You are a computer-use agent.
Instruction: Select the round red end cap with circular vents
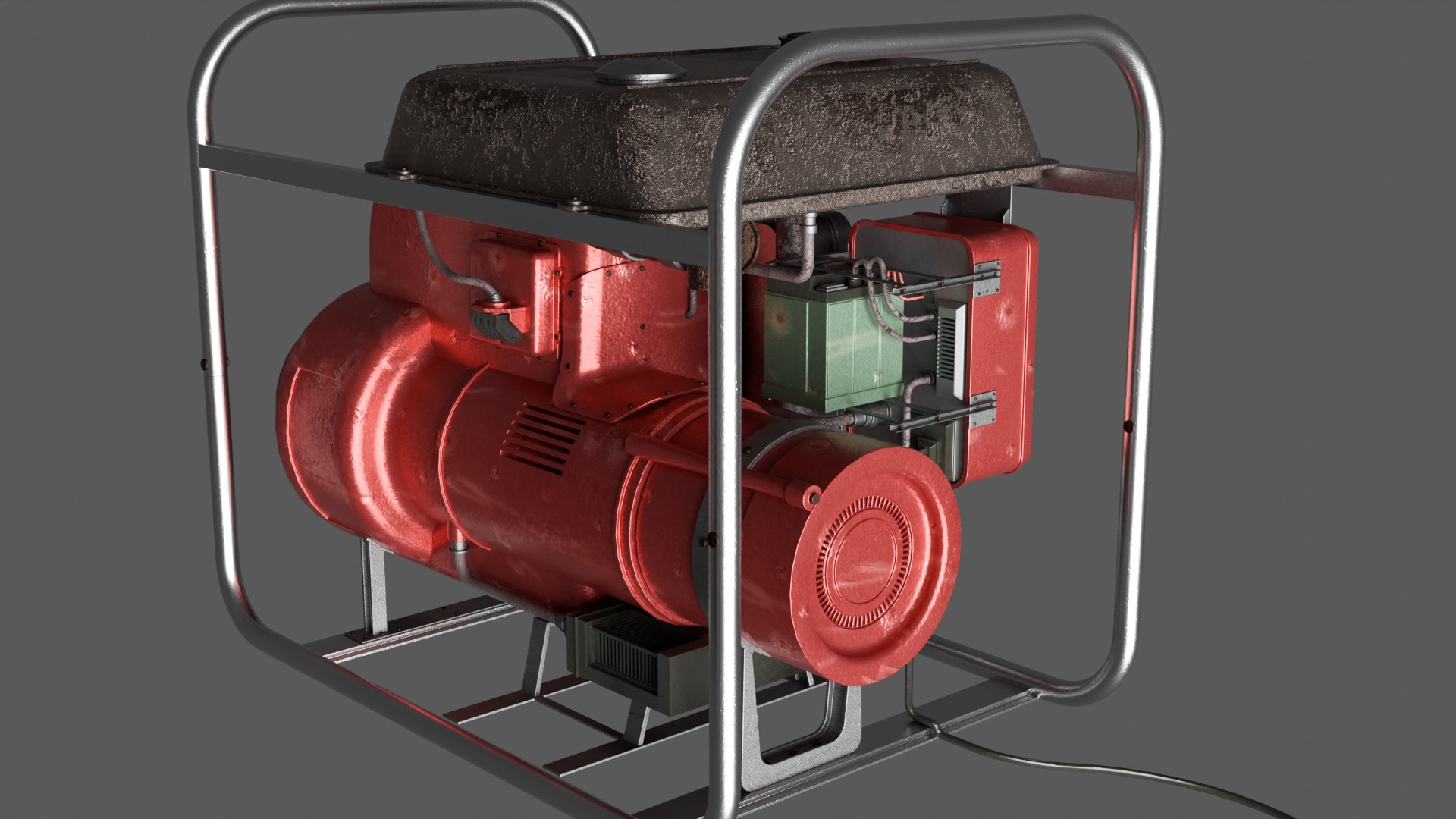coord(872,561)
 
